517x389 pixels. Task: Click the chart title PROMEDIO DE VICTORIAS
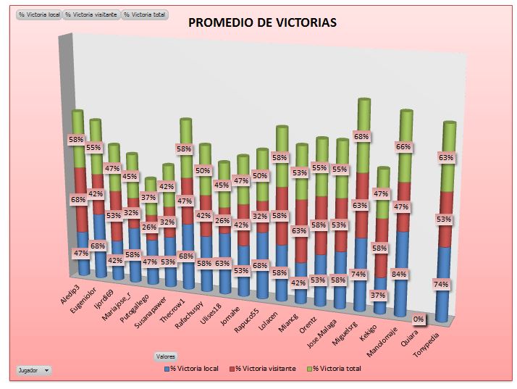click(x=262, y=23)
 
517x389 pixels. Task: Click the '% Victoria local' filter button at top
click(x=39, y=14)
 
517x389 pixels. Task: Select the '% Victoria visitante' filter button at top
click(x=91, y=14)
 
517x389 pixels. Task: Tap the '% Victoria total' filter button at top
click(x=145, y=14)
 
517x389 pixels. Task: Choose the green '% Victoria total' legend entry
click(x=334, y=369)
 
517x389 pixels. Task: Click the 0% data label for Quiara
click(x=419, y=318)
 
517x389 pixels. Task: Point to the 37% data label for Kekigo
click(x=377, y=296)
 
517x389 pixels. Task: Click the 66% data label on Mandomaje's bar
click(x=403, y=146)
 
